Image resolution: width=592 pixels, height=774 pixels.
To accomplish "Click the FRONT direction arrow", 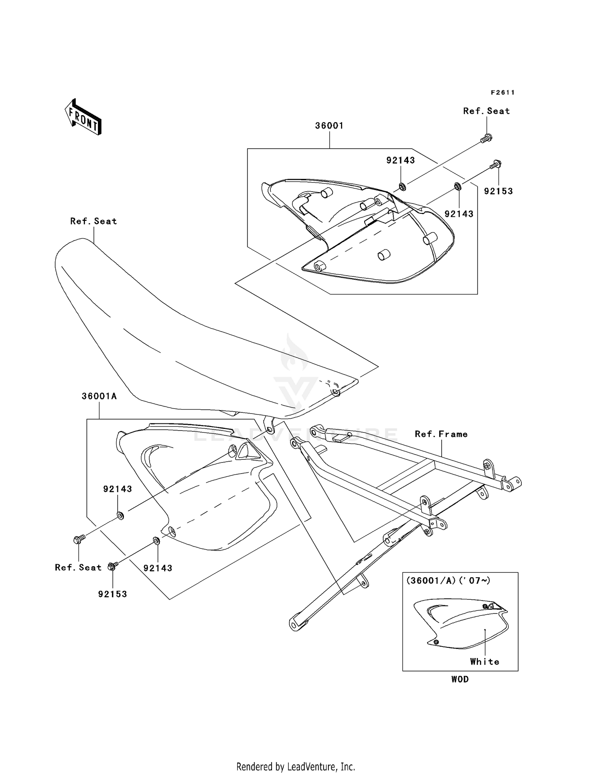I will click(x=83, y=117).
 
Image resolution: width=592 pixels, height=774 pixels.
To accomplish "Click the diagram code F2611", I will click(x=502, y=92).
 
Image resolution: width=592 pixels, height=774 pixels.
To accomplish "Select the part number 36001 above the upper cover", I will click(x=329, y=126).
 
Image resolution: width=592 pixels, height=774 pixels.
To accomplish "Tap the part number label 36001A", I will click(x=99, y=396).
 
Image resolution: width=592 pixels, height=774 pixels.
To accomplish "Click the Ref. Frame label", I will click(x=441, y=434).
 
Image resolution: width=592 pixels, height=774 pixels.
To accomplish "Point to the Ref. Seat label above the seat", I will click(x=94, y=221).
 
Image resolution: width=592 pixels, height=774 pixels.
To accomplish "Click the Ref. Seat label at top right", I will click(x=486, y=111).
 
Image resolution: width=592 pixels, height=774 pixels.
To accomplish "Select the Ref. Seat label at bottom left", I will click(x=78, y=567).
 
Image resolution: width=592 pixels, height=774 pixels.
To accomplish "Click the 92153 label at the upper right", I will click(x=498, y=191).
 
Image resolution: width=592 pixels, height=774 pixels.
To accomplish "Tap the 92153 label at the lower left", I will click(x=112, y=594).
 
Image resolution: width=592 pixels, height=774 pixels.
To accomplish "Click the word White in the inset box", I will click(x=484, y=662).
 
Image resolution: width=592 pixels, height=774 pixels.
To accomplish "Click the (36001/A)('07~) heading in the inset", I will click(x=448, y=580).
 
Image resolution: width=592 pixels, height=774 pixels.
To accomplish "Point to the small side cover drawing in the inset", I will click(x=460, y=625).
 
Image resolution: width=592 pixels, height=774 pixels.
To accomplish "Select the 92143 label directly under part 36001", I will click(x=400, y=160).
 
